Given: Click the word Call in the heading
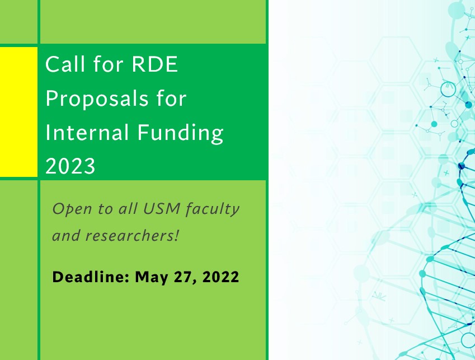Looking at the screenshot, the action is coord(65,64).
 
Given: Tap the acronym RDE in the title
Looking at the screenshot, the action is coord(155,64).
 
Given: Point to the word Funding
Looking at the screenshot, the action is coord(180,133).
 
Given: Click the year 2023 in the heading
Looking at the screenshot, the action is coord(70,166).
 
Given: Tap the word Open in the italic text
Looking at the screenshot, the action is coord(72,209).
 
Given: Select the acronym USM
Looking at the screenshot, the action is coord(162,208).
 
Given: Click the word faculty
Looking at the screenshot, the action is coord(213,209).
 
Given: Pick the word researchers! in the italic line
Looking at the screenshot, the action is coord(132,236).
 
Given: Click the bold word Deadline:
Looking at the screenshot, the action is coord(91,277).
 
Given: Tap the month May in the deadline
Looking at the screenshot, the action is coord(152,278).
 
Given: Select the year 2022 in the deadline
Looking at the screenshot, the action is coord(220,277).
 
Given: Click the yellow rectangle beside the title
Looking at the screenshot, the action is coord(18,112).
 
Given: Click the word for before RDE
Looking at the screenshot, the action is coord(108,64).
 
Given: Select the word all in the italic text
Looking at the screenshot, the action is coord(128,208).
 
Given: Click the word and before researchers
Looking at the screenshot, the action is coord(67,236).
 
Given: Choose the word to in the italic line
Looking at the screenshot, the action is coord(105,209).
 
